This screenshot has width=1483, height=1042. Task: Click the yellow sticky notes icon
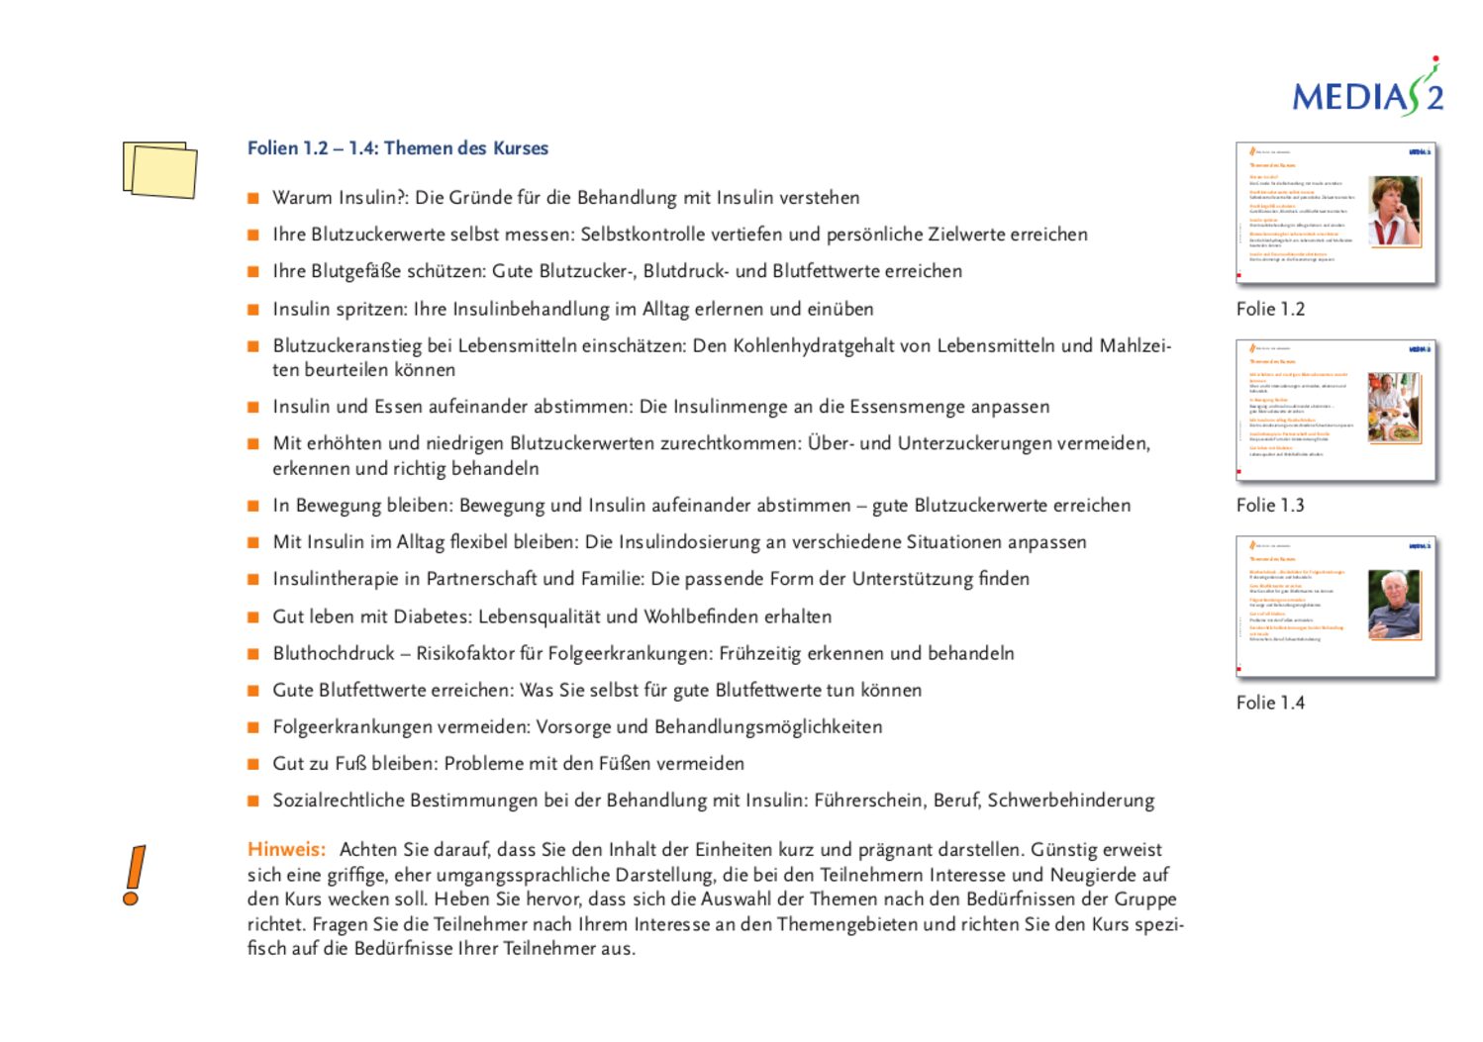point(159,169)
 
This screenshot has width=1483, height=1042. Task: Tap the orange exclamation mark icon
point(134,875)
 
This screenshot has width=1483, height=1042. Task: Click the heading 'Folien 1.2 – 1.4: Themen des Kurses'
point(397,148)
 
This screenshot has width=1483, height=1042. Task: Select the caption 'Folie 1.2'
point(1270,309)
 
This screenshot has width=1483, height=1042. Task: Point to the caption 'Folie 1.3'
point(1270,506)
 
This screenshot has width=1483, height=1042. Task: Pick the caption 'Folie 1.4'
point(1270,703)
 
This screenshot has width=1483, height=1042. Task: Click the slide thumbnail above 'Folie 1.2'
point(1335,214)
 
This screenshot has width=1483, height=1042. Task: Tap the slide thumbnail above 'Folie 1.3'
point(1335,410)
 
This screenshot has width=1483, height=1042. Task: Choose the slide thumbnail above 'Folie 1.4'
point(1335,607)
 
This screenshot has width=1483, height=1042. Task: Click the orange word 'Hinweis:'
point(286,849)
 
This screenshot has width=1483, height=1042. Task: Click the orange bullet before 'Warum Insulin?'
point(253,198)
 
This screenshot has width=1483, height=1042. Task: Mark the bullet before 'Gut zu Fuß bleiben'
point(253,764)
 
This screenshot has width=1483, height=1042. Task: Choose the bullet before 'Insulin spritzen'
point(253,310)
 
